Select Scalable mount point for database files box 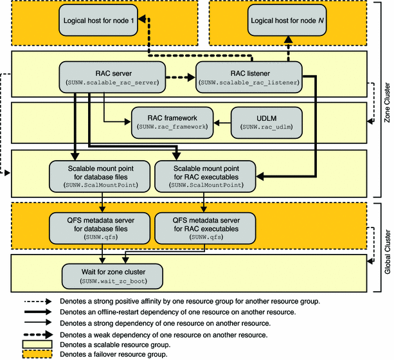[x=99, y=174]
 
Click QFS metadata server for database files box [x=99, y=227]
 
